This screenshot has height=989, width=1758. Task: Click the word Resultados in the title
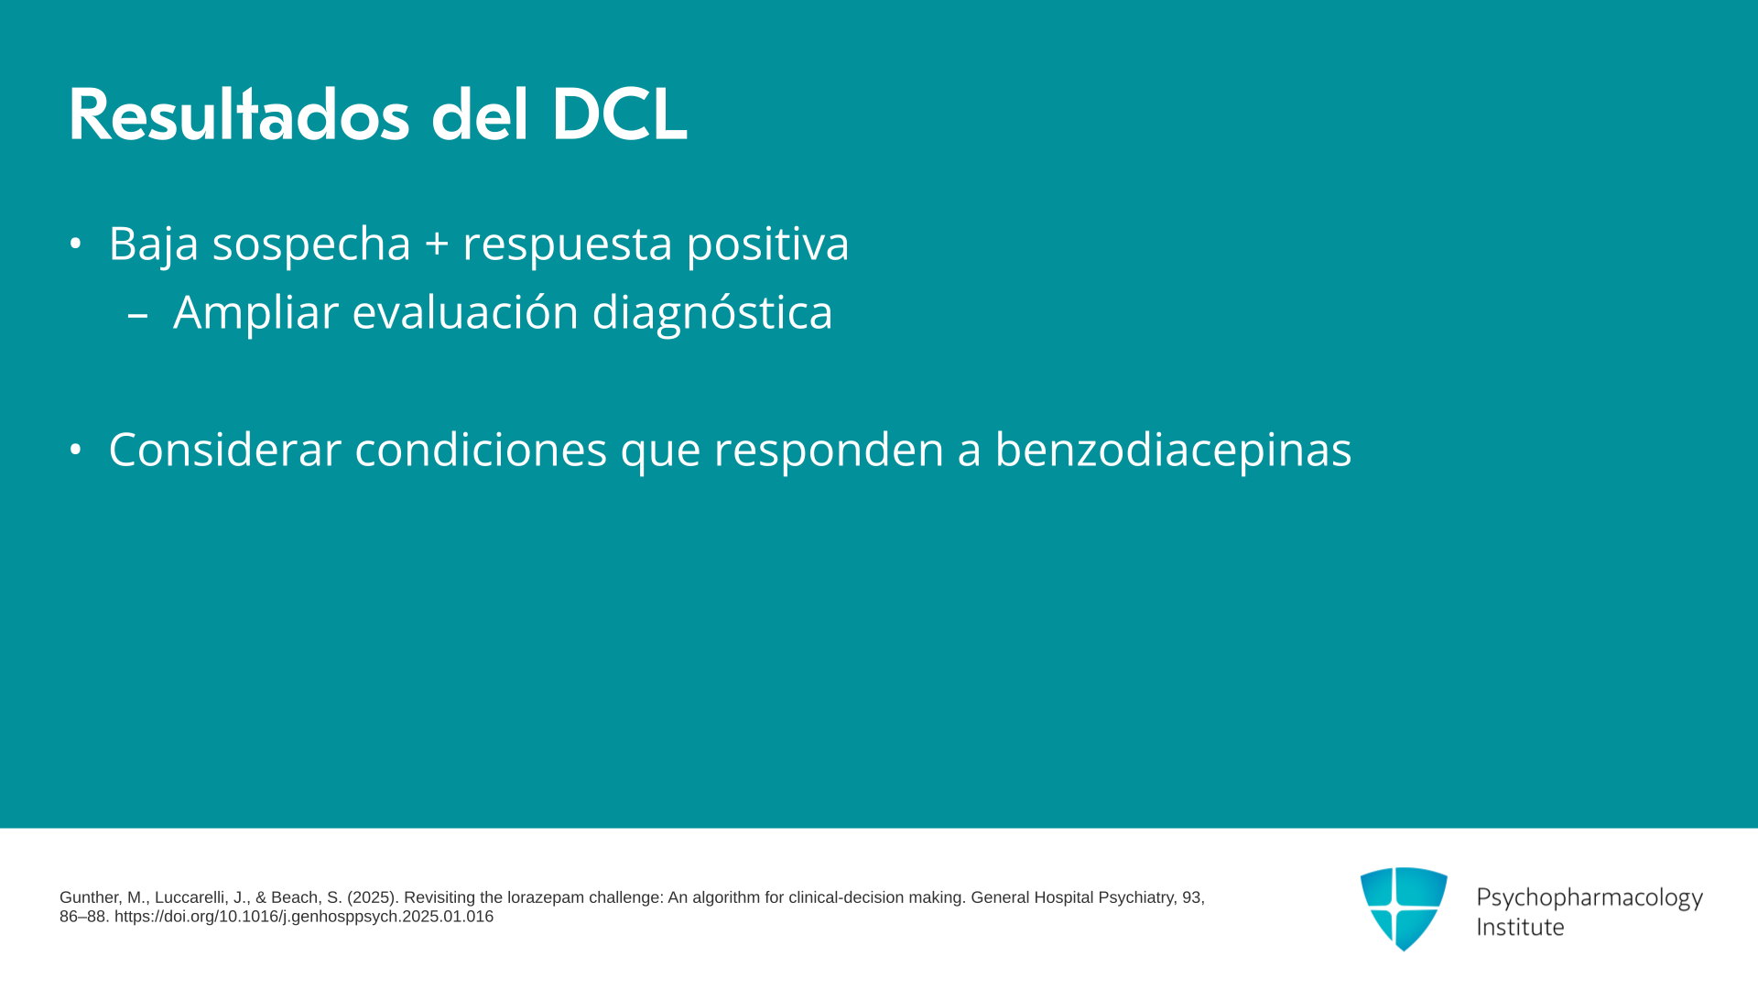(239, 114)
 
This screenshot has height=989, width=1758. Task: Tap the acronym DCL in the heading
(619, 114)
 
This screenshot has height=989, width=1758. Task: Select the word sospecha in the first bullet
(311, 244)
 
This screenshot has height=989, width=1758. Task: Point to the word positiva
(767, 244)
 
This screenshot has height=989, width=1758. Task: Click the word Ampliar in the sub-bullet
(256, 312)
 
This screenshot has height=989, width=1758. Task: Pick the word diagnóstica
(712, 312)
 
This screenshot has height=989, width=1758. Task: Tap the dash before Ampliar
(138, 315)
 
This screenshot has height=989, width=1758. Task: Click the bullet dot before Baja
(76, 244)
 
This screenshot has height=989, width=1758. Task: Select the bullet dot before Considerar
(76, 450)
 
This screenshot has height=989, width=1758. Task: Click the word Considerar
(225, 450)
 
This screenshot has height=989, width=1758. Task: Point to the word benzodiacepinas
(1173, 450)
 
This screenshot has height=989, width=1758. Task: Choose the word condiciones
(481, 450)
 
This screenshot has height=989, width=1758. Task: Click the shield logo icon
(1404, 908)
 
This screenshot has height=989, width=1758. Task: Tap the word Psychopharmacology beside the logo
(1590, 898)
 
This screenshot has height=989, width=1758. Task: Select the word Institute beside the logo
(1520, 928)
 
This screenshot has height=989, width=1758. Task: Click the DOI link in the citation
(304, 917)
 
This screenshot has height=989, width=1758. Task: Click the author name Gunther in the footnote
(89, 898)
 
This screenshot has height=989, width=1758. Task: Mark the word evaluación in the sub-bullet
(466, 312)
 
